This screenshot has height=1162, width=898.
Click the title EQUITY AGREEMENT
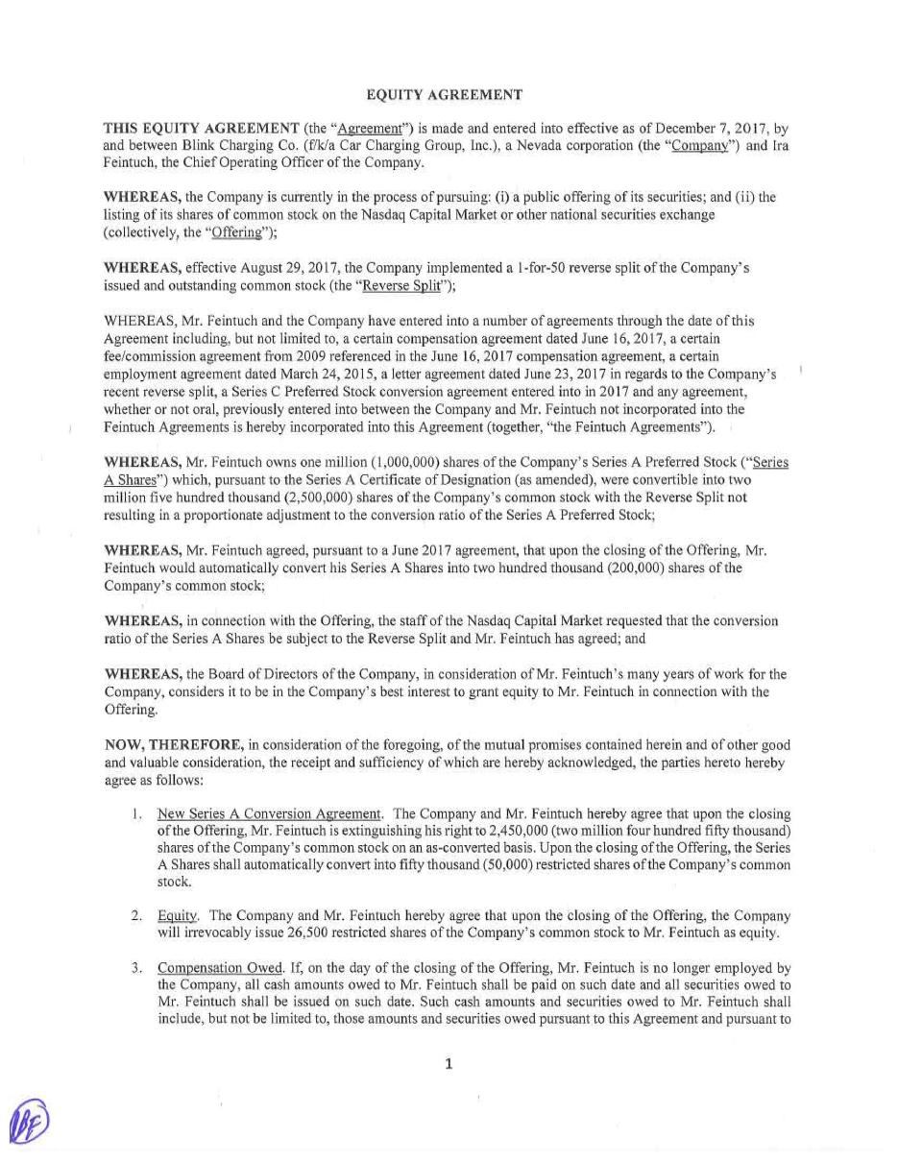(445, 95)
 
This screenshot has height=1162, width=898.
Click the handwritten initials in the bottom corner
(28, 1122)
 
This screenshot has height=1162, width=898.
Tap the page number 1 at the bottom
(449, 1063)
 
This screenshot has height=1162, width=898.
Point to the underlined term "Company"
(697, 146)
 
